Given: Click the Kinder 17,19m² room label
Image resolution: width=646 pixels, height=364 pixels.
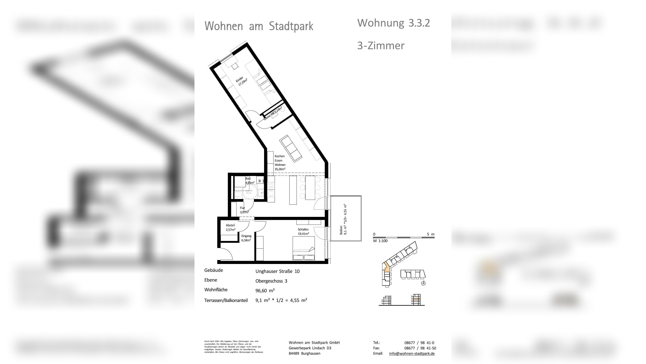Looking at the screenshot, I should coord(241,81).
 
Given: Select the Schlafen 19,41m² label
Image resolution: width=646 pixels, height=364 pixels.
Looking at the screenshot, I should coord(303,231).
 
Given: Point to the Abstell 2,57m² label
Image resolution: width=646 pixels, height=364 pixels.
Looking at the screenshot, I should coord(230,227).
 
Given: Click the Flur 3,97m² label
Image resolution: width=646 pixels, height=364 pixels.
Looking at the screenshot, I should coord(244,210).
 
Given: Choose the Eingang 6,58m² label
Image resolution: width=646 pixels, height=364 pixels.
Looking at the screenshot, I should coord(246,238).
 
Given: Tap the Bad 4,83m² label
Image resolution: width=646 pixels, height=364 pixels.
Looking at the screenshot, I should coord(249,181).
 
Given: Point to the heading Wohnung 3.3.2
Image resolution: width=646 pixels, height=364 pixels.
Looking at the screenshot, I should coord(394,23).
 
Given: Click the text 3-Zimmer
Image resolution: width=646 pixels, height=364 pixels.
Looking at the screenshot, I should coord(381,46).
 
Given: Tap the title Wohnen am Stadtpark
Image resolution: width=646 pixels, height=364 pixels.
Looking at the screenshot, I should coord(259,26).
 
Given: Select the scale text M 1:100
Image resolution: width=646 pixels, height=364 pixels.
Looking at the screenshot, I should coord(380,241).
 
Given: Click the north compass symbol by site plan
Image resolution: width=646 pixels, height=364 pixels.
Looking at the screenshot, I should coord(423,283).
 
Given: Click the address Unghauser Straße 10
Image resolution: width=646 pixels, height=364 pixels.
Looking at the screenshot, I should coord(277,271).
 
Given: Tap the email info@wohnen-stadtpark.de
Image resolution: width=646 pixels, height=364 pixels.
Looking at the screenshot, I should coord(412,353).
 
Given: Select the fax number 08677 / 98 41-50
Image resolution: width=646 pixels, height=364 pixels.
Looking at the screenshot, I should coord(420,348).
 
